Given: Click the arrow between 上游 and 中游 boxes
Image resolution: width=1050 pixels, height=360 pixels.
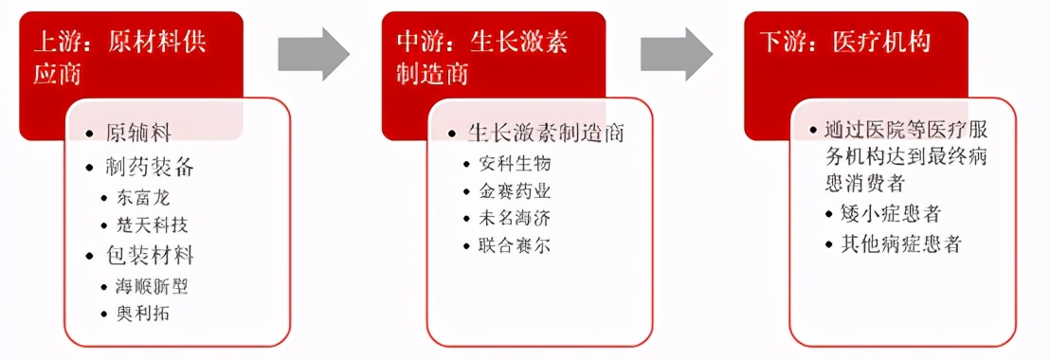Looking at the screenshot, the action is click(x=314, y=54).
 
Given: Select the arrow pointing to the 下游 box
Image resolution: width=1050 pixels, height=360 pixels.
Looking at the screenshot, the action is click(x=676, y=54).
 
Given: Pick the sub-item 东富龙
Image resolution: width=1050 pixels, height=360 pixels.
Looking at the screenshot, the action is click(x=148, y=199).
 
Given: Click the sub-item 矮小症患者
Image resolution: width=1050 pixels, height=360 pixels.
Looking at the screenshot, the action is click(x=892, y=214).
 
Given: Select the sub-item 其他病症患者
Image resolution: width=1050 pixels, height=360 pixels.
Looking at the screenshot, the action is click(x=902, y=243).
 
